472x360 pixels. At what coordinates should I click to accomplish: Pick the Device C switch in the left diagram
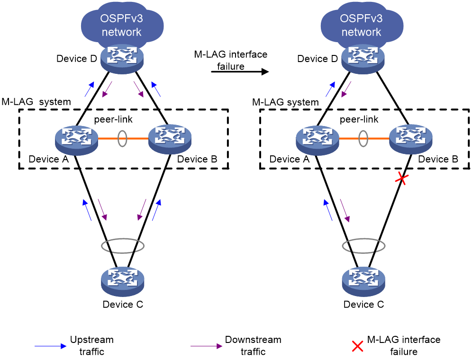coord(123,281)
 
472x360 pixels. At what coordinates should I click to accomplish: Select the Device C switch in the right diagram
coord(363,281)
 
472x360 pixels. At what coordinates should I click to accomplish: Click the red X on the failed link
coord(401,179)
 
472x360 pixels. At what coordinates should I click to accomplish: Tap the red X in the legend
coord(357,346)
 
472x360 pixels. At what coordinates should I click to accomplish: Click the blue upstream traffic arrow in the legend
coord(50,346)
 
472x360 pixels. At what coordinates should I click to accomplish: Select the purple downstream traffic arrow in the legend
coord(206,346)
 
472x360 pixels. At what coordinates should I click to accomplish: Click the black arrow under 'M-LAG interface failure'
coord(240,72)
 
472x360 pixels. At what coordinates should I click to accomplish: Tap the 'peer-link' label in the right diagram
coord(359,119)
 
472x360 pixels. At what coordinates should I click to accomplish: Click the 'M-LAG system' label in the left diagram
coord(36,102)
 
